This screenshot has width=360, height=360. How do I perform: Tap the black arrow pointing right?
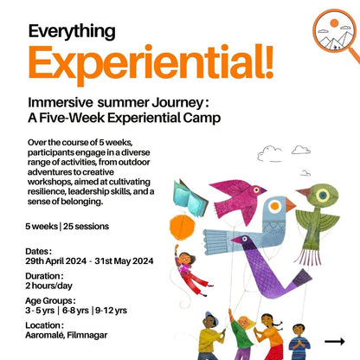[x=335, y=341]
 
